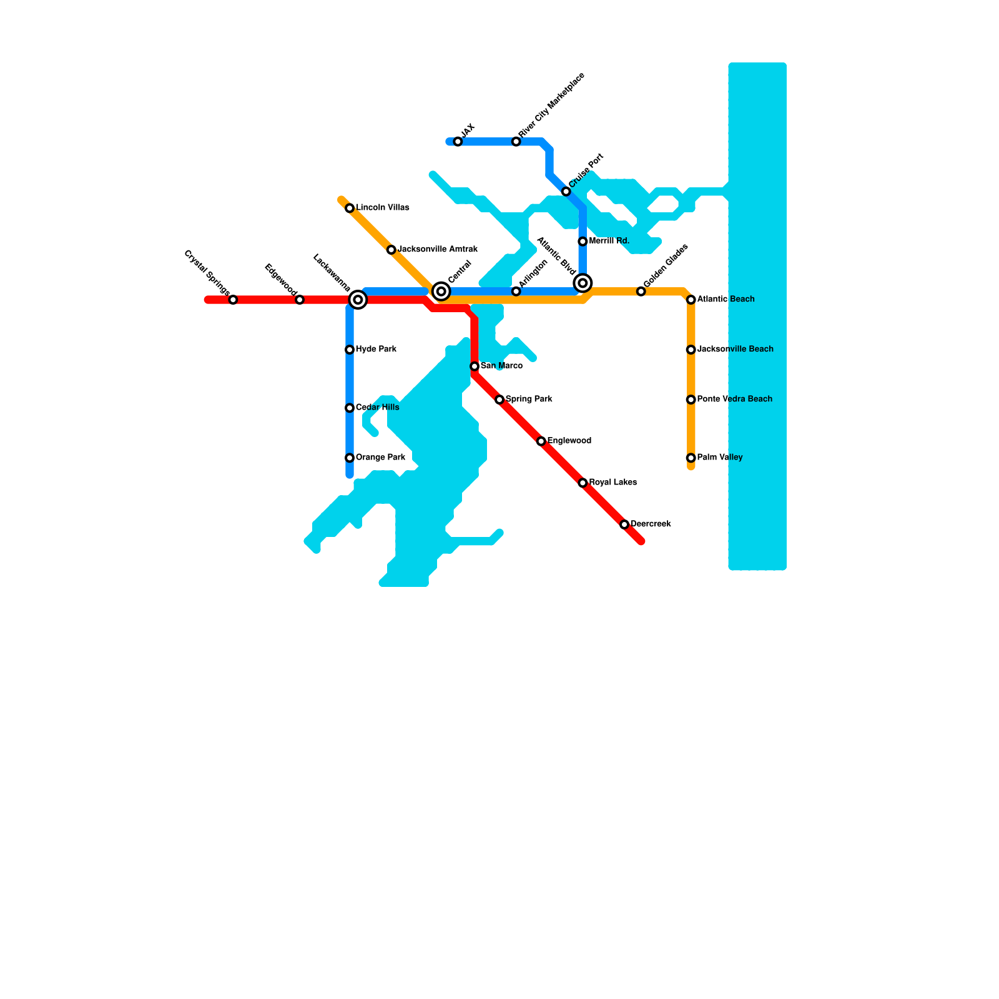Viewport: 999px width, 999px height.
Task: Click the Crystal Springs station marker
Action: pos(233,300)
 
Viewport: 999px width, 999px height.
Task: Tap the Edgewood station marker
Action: pos(300,300)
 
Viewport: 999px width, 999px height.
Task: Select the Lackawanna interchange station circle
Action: pos(358,300)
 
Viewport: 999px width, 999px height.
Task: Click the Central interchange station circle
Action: pos(441,292)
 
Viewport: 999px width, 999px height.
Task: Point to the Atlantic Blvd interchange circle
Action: pos(583,283)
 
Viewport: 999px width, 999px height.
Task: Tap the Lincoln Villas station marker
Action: pos(350,208)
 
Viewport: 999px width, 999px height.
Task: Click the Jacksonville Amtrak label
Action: pos(438,250)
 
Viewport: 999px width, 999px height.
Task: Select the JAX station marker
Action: pos(458,142)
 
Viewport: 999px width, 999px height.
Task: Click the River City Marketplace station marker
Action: pos(516,142)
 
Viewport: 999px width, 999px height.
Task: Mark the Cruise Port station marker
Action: pos(566,192)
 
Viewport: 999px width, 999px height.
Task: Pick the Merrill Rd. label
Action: pos(609,241)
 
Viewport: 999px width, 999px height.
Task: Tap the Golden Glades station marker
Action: pos(641,292)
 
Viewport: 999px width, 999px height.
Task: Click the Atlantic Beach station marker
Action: pos(691,300)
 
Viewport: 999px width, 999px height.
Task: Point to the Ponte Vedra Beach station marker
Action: pos(691,400)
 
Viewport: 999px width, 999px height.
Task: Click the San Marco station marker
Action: pos(475,367)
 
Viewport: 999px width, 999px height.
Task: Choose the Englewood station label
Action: pos(569,441)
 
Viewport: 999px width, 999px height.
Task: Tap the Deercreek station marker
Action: pos(624,524)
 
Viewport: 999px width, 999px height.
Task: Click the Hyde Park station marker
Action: pos(350,350)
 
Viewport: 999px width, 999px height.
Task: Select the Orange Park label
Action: pos(380,458)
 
